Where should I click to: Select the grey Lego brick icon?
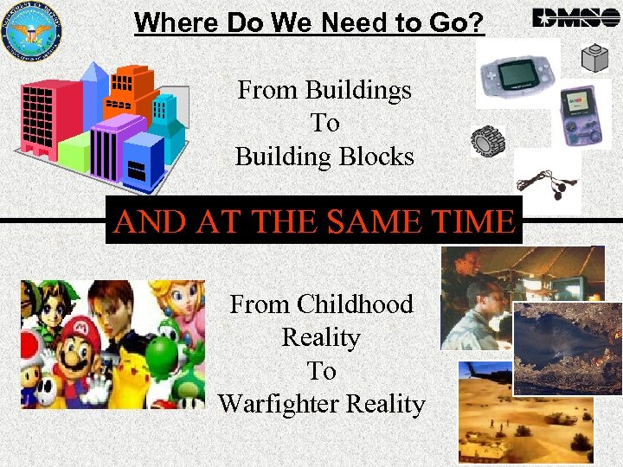coord(596,58)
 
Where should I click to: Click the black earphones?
coord(547,185)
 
